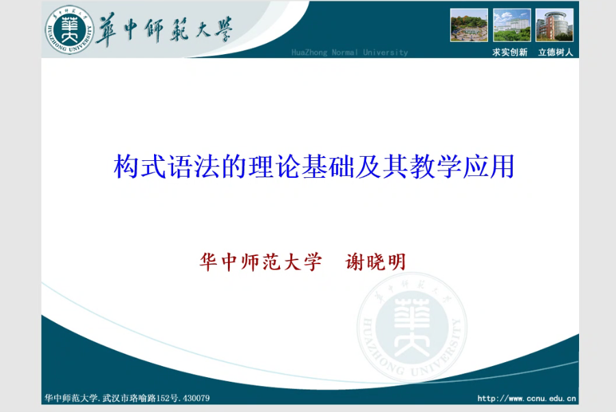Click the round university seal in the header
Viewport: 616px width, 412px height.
coord(70,30)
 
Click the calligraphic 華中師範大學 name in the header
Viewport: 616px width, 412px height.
coord(164,30)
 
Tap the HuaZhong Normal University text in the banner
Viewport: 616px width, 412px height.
coord(350,52)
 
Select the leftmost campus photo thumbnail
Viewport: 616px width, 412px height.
coord(469,25)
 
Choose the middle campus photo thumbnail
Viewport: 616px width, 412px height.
coord(511,25)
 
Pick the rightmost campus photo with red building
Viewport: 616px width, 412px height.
coord(554,25)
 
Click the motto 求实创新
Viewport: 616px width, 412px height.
coord(509,52)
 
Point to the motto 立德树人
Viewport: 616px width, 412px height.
coord(556,52)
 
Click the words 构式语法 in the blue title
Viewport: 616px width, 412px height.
coord(166,166)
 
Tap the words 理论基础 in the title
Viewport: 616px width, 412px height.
coord(301,166)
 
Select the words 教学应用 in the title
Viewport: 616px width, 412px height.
coord(462,166)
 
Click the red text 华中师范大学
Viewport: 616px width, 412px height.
coord(261,262)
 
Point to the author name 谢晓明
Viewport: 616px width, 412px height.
coord(375,262)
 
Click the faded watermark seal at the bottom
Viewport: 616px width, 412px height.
coord(412,327)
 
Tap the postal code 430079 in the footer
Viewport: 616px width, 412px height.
coord(196,398)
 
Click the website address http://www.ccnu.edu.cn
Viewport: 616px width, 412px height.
coord(526,398)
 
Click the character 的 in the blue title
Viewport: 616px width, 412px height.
coord(234,166)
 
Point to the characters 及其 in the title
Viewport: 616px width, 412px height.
coord(381,166)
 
